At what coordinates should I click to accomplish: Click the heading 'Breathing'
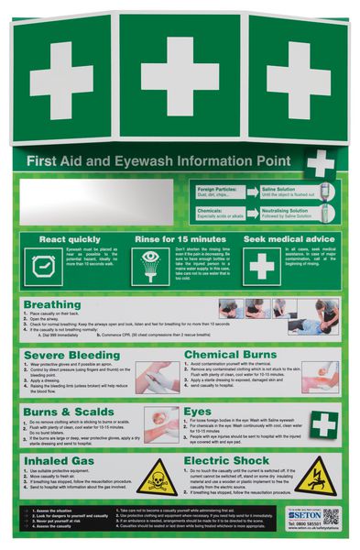(52, 304)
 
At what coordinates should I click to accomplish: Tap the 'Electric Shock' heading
(226, 461)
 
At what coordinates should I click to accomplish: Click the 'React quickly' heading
(64, 239)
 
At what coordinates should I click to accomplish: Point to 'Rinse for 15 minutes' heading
(179, 239)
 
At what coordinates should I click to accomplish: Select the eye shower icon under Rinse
(152, 267)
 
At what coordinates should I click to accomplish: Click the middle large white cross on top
(180, 77)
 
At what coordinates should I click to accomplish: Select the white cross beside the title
(320, 163)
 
